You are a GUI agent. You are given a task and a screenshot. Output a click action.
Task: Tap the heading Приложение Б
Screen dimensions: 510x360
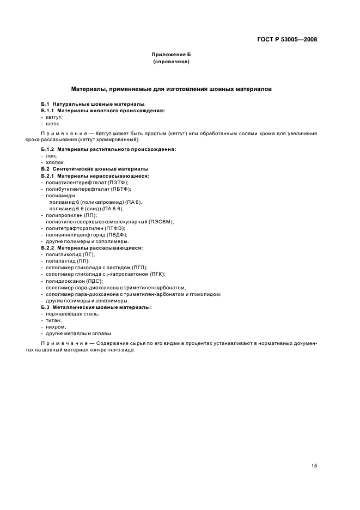coord(171,56)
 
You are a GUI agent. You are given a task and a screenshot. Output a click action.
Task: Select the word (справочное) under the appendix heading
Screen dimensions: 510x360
coord(171,62)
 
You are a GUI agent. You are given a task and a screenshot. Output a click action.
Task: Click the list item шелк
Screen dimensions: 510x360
coord(53,123)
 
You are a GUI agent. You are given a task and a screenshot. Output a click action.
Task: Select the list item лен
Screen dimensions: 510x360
coord(51,156)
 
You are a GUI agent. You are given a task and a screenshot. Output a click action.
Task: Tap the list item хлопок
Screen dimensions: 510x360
coord(55,162)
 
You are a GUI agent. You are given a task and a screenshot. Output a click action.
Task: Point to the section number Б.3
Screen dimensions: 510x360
coord(45,307)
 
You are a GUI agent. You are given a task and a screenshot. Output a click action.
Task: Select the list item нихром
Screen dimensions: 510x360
coord(56,327)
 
